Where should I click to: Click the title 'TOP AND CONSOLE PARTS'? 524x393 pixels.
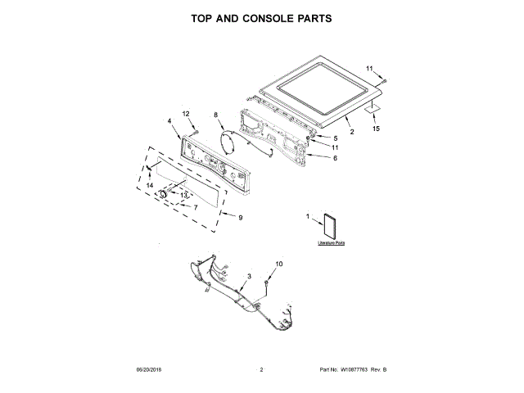point(262,18)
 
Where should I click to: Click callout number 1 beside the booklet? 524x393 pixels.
point(308,217)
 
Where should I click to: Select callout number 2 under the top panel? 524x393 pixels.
point(350,131)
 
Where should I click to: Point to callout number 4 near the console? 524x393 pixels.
point(169,121)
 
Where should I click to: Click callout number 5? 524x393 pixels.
point(335,138)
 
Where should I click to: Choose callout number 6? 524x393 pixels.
point(334,158)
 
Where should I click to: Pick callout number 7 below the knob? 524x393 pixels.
point(195,207)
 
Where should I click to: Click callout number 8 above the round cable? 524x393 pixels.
point(216,115)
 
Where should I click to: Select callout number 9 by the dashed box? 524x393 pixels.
point(241,217)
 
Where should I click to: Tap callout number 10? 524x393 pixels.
point(278,264)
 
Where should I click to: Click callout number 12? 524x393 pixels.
point(185,114)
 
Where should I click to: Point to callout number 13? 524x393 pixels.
point(184,194)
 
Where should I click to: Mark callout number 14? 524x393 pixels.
point(150,186)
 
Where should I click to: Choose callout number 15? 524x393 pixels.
point(377,129)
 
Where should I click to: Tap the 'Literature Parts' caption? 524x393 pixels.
point(332,244)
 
